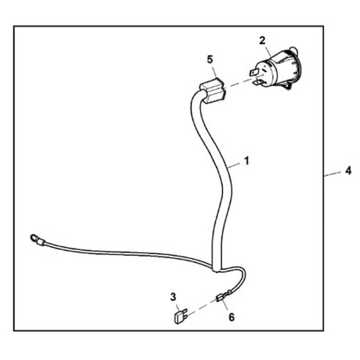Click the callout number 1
point(247,161)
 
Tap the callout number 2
point(262,40)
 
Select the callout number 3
point(173,297)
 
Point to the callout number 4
point(348,171)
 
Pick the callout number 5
point(210,59)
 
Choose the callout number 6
point(231,318)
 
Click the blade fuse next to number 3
point(181,316)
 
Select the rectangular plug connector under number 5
point(213,91)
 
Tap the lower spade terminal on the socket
point(258,82)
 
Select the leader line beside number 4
point(332,174)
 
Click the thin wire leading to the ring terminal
point(126,253)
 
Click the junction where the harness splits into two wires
point(216,269)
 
